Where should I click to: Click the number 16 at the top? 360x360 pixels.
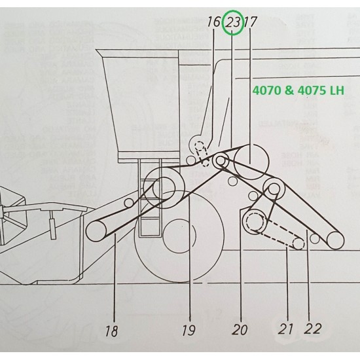[x=214, y=22]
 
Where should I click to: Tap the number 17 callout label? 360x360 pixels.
[x=251, y=22]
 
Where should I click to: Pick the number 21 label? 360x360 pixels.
[x=286, y=328]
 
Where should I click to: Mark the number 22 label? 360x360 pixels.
[x=313, y=328]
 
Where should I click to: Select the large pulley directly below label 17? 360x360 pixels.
[x=251, y=158]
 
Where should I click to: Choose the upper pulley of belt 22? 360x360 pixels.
[x=272, y=189]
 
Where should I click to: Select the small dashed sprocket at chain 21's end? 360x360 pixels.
[x=298, y=244]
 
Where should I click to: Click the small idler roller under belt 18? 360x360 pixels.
[x=130, y=202]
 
